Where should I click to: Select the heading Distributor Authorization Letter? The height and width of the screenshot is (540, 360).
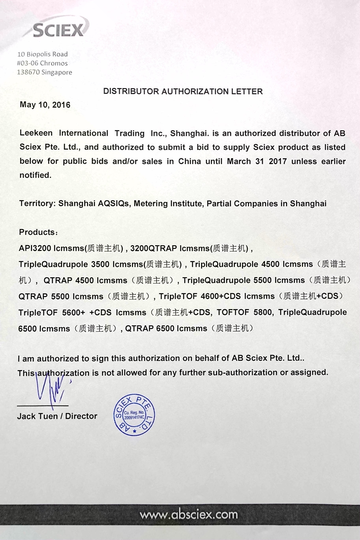click(183, 92)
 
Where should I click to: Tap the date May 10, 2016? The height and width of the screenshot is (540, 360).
click(45, 105)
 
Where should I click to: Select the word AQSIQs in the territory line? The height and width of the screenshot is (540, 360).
click(114, 204)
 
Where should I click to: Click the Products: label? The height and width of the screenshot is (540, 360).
click(38, 232)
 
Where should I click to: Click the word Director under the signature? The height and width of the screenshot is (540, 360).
click(81, 416)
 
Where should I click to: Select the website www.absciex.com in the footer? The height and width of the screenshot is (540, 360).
click(189, 515)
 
